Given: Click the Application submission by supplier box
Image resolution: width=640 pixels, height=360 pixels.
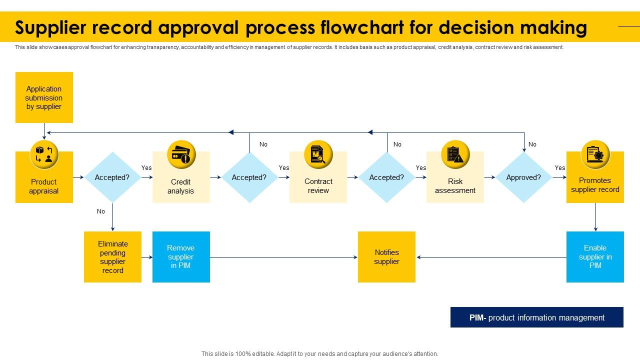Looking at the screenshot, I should click(44, 97).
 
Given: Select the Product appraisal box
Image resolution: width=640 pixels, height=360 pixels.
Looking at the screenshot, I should click(44, 186).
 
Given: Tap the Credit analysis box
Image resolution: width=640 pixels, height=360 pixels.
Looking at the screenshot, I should click(181, 186).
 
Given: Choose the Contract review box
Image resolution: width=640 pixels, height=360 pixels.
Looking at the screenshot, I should click(318, 186).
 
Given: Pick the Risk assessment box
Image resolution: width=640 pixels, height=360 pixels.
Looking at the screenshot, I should click(455, 186).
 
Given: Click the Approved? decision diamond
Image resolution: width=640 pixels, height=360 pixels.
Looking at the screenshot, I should click(523, 177).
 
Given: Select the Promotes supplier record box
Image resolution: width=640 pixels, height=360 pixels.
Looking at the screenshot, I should click(595, 185).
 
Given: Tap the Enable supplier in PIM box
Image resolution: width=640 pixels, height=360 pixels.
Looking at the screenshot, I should click(595, 256).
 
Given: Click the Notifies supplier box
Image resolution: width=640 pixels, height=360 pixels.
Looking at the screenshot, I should click(386, 256).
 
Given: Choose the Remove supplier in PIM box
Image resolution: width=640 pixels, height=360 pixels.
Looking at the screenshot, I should click(181, 256).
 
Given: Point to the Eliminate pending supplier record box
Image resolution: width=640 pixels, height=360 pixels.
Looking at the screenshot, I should click(112, 256).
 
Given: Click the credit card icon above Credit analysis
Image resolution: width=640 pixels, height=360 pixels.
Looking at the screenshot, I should click(181, 154).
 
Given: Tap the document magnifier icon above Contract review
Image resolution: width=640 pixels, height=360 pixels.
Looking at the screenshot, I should click(318, 154).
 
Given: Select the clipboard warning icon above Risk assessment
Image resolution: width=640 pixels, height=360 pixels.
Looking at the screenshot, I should click(455, 154).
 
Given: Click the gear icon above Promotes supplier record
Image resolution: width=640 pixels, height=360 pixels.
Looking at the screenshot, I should click(595, 154).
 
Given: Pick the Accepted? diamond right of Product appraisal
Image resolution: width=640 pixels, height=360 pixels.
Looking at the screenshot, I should click(112, 177).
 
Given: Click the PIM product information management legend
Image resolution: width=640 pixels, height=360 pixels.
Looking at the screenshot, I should click(536, 317).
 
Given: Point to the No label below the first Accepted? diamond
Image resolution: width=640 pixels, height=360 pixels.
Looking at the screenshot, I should click(101, 211).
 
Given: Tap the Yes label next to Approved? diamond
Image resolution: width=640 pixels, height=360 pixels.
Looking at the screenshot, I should click(560, 168).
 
